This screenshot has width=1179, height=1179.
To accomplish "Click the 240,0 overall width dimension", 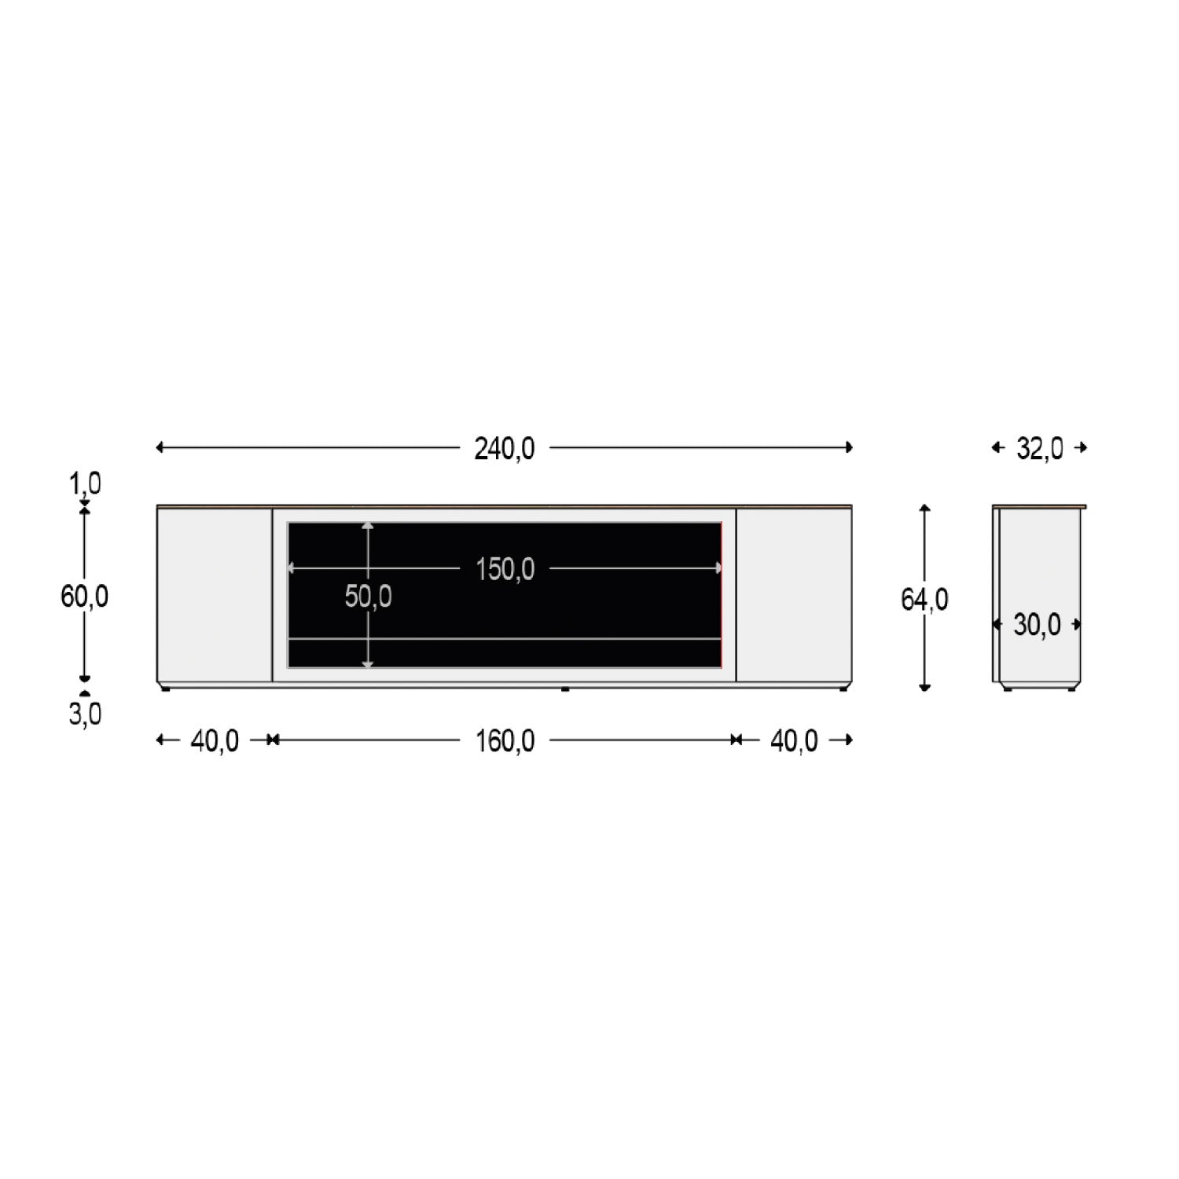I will tap(504, 449).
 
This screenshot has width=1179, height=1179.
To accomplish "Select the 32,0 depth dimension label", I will tap(1039, 449).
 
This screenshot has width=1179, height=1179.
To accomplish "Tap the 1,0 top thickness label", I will tap(85, 484).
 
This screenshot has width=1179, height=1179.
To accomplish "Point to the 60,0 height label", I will tap(84, 597).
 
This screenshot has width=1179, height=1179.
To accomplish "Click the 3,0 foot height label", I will tap(85, 714).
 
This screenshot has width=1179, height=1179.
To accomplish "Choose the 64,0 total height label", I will tap(924, 601).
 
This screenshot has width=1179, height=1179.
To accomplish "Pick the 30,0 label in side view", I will tap(1037, 626).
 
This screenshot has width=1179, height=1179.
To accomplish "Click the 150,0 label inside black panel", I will tap(505, 569).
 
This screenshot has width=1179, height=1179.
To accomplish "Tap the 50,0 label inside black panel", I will tap(368, 597).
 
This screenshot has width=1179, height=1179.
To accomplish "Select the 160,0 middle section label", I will tap(505, 741).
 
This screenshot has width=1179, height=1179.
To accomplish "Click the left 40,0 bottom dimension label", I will tap(215, 741).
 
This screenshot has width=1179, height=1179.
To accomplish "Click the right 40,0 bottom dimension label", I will tap(794, 741).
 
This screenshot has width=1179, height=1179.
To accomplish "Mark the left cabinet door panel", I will tap(215, 595).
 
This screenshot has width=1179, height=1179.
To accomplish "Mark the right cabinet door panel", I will tap(794, 595).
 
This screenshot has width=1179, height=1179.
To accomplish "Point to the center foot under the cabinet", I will tap(565, 690).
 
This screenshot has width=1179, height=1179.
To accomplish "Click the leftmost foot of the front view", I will tap(165, 689).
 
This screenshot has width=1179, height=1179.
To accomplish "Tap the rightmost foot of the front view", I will tap(843, 689).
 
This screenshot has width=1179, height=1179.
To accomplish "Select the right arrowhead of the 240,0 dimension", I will tap(849, 448).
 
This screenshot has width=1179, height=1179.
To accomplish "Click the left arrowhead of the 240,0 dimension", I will tap(160, 448).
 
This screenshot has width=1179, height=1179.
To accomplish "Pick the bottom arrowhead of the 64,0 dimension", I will tap(925, 688).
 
